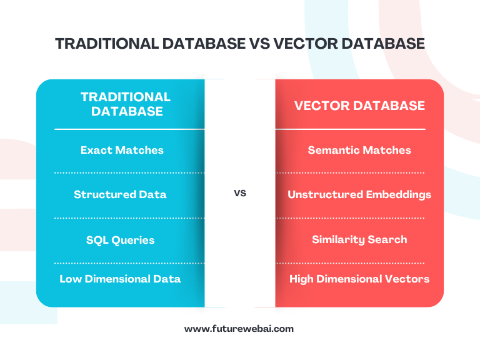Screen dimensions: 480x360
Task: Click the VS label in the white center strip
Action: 240,193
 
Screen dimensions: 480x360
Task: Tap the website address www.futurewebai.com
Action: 239,329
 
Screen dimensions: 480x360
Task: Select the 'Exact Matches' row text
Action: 122,150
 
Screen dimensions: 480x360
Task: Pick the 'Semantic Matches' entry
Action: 359,150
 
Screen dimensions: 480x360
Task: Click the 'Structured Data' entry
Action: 120,194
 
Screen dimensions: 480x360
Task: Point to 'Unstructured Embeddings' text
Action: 359,195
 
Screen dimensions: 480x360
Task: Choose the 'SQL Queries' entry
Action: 120,240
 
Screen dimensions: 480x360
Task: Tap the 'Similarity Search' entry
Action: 359,240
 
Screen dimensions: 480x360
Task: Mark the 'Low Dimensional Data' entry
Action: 120,279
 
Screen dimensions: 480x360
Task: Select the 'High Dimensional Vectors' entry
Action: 359,279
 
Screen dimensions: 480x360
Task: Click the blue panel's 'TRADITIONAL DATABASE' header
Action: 126,104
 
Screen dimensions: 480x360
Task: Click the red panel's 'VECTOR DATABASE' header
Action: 359,106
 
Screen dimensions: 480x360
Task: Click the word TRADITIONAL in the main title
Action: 107,44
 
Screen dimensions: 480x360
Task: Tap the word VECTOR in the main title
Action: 306,44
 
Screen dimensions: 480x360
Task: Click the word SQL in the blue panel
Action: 97,240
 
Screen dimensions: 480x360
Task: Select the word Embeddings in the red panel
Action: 399,195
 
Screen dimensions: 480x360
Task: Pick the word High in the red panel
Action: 301,279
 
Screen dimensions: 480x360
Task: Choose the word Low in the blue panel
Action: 71,279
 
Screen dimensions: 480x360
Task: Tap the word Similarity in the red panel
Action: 338,240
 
